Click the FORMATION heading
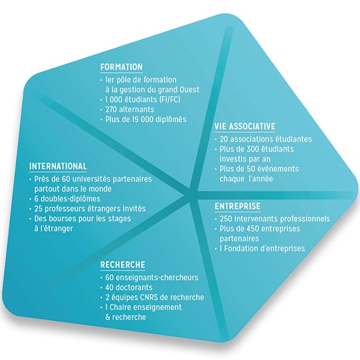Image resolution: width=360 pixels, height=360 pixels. coord(122,67)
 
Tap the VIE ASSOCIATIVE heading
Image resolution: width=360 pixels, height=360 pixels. coord(245,126)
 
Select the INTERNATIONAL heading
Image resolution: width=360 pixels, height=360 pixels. coord(58,166)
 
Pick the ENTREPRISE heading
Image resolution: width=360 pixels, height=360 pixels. coord(238,206)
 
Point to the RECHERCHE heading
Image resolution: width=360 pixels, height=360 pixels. coord(123,264)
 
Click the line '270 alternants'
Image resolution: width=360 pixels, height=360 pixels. coord(130,109)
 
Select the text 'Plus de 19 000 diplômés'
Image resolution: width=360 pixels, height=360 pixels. coord(146,119)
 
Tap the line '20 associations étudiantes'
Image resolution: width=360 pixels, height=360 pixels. coord(266,139)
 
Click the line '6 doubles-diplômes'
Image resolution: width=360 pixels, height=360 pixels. coord(67,199)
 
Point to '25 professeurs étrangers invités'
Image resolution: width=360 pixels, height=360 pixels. coord(90,209)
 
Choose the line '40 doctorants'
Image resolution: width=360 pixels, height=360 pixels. coord(129,287)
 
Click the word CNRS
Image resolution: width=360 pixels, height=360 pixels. coord(148,297)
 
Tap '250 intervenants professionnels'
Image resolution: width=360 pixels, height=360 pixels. coord(275,219)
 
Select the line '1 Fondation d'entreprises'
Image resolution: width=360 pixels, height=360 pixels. coord(262,248)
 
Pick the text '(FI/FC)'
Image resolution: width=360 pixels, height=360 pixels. coord(169,100)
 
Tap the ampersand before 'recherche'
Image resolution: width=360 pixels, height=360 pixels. coord(107,317)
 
